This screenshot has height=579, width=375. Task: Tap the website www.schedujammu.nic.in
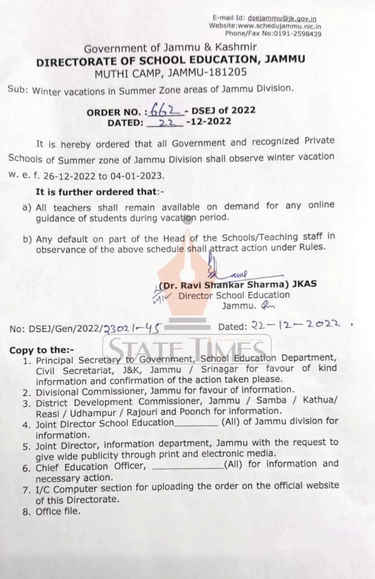280,26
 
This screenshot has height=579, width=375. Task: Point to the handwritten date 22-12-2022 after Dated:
296,325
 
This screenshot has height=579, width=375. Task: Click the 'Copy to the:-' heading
41,350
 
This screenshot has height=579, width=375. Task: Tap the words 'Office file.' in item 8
58,512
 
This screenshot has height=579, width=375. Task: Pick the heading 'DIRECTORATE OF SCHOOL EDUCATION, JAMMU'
171,60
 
